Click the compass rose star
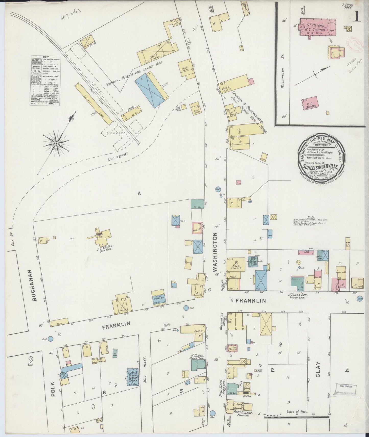56,143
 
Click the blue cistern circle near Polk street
51,339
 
